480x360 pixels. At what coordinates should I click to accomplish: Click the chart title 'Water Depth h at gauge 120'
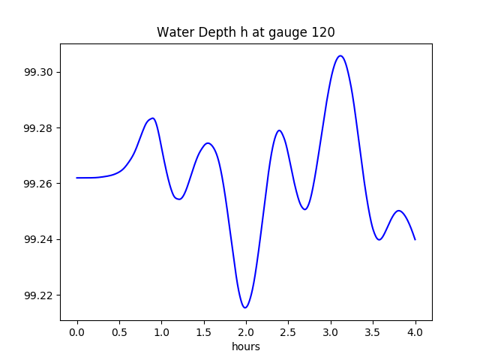click(245, 32)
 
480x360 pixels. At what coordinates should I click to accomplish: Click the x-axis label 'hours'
click(245, 346)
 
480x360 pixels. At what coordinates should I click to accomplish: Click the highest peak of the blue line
click(340, 55)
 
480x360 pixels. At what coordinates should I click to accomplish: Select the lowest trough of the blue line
click(245, 307)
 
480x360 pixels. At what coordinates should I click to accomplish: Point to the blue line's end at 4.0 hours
click(415, 239)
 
